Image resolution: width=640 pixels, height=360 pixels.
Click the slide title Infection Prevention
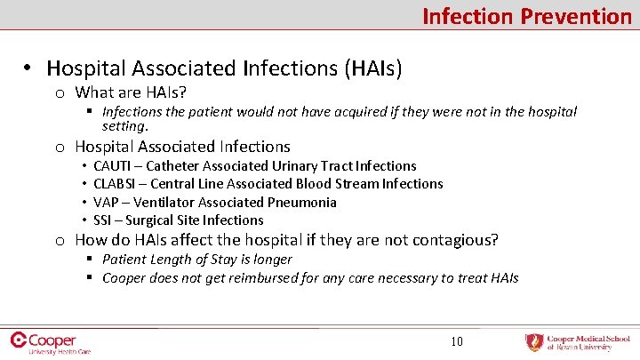point(526,16)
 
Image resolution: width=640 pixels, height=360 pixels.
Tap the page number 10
point(456,340)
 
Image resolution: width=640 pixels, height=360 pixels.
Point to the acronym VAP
point(106,203)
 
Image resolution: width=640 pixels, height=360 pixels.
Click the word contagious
point(452,240)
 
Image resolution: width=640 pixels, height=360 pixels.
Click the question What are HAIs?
point(131,92)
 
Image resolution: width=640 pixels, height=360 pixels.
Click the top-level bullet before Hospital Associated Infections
point(28,68)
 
